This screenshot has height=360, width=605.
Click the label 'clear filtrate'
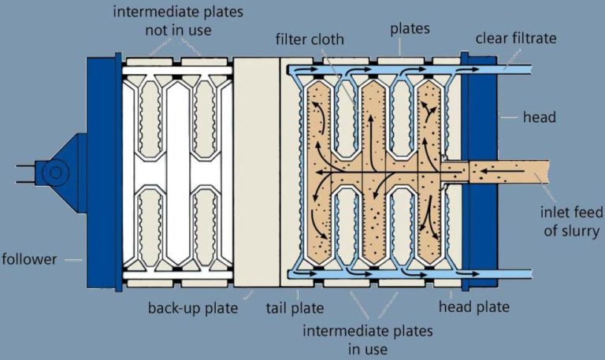point(515,38)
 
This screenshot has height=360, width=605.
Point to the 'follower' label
point(30,259)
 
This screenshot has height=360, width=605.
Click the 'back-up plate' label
point(194,308)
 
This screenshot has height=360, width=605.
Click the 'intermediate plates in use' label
point(368,339)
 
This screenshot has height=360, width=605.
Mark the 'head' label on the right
point(539,117)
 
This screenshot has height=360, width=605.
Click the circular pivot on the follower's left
point(54,171)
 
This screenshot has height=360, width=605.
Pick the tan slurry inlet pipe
point(536,171)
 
